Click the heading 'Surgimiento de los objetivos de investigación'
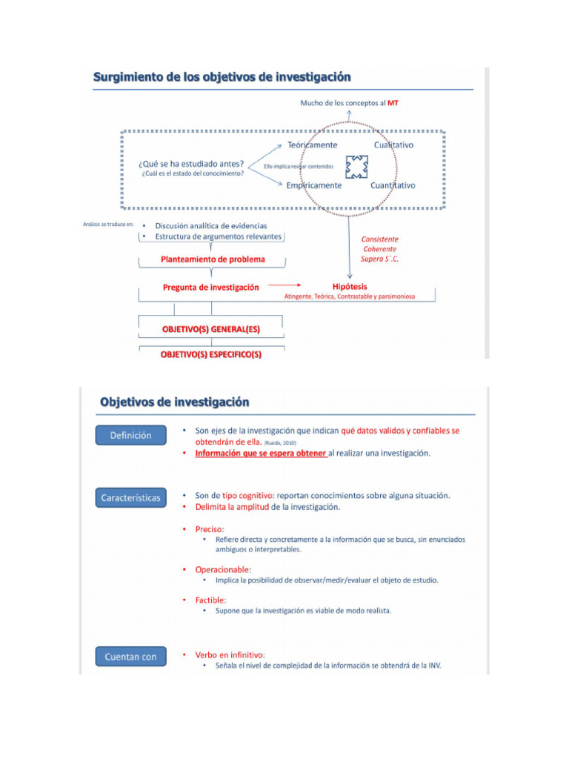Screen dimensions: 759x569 pyautogui.click(x=222, y=76)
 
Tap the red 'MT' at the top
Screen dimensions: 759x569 pyautogui.click(x=393, y=103)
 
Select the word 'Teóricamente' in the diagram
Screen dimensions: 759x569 pyautogui.click(x=312, y=145)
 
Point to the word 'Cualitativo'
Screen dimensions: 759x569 pyautogui.click(x=393, y=145)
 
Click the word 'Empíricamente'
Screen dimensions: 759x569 pyautogui.click(x=314, y=185)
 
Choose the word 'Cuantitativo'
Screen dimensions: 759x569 pyautogui.click(x=393, y=185)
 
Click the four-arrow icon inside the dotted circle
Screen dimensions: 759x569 pyautogui.click(x=356, y=166)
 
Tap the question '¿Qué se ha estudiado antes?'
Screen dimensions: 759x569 pyautogui.click(x=191, y=163)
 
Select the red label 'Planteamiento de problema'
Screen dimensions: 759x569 pyautogui.click(x=213, y=259)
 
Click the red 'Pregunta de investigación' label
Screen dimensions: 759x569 pyautogui.click(x=211, y=288)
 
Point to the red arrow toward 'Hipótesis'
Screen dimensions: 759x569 pyautogui.click(x=285, y=285)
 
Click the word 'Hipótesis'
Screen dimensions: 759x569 pyautogui.click(x=350, y=286)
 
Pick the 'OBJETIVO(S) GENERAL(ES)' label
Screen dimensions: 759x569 pyautogui.click(x=211, y=328)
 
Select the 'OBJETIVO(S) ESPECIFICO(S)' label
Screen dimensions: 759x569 pyautogui.click(x=211, y=354)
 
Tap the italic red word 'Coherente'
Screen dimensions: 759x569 pyautogui.click(x=379, y=249)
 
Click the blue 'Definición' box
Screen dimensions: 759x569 pyautogui.click(x=130, y=436)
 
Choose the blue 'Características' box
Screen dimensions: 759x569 pyautogui.click(x=130, y=498)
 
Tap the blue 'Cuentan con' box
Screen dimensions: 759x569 pyautogui.click(x=130, y=657)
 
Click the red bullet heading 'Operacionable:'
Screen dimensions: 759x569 pyautogui.click(x=223, y=569)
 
